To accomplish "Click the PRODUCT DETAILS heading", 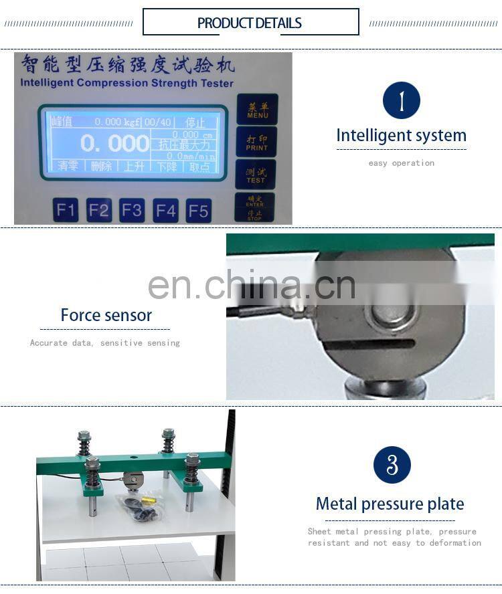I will (x=250, y=23).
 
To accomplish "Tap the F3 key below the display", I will (x=132, y=211).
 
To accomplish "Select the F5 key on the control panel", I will (x=198, y=211).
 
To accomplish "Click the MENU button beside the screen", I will (x=257, y=110).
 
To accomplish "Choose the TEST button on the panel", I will (x=256, y=175).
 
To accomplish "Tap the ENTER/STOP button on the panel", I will (x=254, y=207).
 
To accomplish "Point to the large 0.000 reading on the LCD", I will (x=114, y=143).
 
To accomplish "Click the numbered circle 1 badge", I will (x=401, y=101).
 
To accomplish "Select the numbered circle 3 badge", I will (x=392, y=465).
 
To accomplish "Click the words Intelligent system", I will (x=401, y=135).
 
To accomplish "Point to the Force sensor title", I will (x=106, y=315).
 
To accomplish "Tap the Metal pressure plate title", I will (x=390, y=504).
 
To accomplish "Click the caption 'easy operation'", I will (x=401, y=163).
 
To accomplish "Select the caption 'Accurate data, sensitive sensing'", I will (x=105, y=343).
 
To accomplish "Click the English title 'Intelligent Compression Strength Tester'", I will (x=127, y=84).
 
